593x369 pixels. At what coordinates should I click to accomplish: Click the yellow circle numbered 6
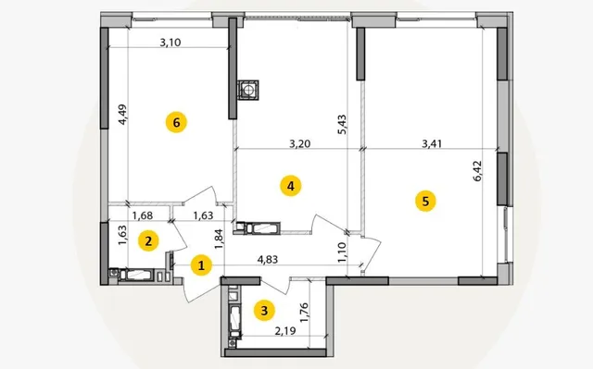(176, 122)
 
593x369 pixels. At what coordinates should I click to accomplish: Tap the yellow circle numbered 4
(290, 186)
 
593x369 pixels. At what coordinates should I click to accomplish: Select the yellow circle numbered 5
(425, 201)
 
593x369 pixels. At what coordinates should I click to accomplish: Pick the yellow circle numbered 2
(148, 240)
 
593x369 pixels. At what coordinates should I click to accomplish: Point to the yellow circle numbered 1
(201, 265)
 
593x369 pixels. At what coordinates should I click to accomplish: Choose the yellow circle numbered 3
(264, 311)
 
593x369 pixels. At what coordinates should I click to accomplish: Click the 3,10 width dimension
(170, 43)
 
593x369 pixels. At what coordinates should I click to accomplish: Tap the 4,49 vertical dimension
(122, 115)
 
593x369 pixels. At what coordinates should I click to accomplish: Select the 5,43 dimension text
(342, 125)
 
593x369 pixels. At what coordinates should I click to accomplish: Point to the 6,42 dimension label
(477, 171)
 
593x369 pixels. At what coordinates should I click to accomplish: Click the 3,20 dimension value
(299, 143)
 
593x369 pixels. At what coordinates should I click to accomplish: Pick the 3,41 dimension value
(432, 143)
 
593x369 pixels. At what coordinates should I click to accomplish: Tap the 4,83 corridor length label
(268, 259)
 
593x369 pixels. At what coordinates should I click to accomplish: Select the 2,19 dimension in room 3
(285, 331)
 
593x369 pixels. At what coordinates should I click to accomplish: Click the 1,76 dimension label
(305, 313)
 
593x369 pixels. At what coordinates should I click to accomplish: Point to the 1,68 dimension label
(142, 215)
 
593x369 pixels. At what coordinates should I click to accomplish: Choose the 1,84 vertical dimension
(219, 240)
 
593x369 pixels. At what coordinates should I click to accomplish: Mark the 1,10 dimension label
(342, 252)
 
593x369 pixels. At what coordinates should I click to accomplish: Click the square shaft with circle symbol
(248, 91)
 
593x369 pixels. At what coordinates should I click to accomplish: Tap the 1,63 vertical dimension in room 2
(122, 235)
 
